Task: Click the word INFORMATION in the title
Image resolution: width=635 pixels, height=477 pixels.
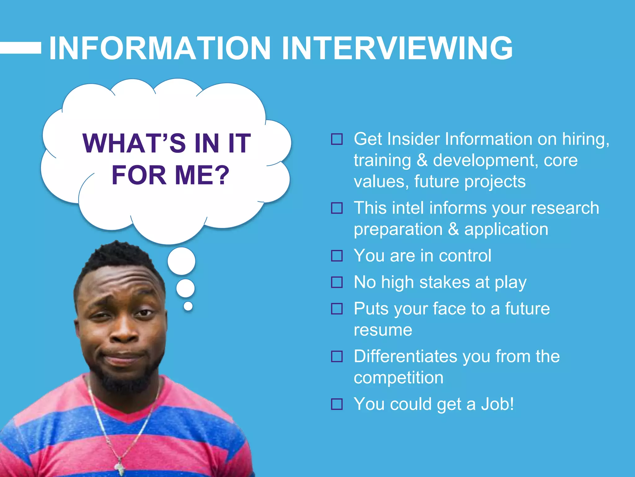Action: [x=160, y=48]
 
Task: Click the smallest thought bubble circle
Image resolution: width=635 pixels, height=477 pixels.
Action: [x=188, y=306]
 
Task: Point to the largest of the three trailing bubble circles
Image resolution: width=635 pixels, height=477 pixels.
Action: [x=181, y=261]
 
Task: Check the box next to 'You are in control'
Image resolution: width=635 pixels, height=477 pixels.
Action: [x=337, y=256]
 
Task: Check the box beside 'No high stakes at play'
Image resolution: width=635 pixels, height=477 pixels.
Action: [x=337, y=282]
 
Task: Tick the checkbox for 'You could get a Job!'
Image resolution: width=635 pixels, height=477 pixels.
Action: [x=337, y=404]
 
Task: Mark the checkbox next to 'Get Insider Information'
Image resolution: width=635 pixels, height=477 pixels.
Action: [x=337, y=139]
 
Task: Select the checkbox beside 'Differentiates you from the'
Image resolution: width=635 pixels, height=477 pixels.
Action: [x=337, y=357]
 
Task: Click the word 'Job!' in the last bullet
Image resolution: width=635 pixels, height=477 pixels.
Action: [x=497, y=404]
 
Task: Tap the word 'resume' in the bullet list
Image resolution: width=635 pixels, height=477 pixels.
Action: [x=383, y=330]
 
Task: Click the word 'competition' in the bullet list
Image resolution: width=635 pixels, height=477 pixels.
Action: [x=398, y=378]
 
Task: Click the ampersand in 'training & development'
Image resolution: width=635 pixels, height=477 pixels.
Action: [x=422, y=160]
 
